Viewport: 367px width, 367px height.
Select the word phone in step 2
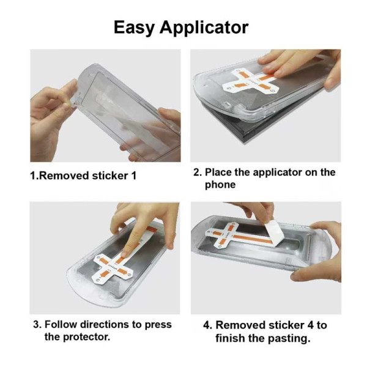[220, 184]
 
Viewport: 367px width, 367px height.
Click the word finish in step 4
[230, 338]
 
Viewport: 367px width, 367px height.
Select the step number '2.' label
[198, 172]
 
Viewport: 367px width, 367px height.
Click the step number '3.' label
[37, 324]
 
